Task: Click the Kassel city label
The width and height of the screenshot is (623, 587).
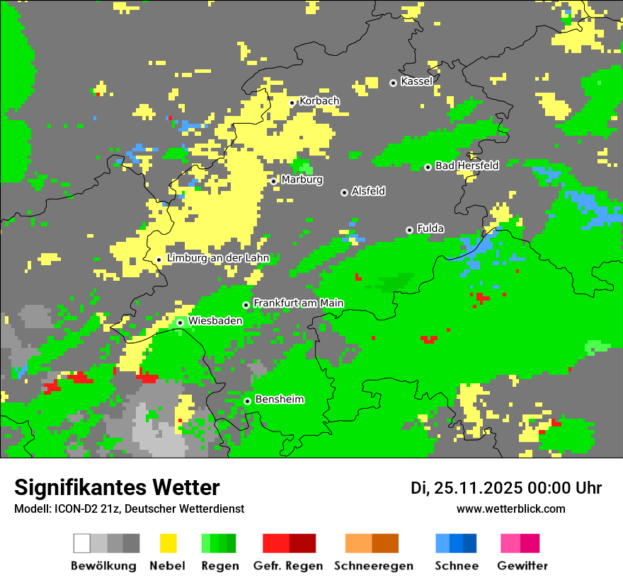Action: pos(416,81)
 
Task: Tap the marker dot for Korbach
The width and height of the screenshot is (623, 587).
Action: pos(292,103)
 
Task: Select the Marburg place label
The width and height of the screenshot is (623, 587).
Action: pos(302,180)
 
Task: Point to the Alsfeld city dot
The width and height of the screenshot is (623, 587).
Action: pos(344,192)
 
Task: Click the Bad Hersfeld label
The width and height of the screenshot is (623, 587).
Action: pos(467,165)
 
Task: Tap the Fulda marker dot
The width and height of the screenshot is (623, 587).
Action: pos(409,230)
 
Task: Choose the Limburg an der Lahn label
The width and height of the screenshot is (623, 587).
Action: pos(217,258)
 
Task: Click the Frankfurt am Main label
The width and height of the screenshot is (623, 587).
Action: pos(298,303)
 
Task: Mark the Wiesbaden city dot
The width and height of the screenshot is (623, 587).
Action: pos(180,322)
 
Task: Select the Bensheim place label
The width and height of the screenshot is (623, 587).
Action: pos(279,400)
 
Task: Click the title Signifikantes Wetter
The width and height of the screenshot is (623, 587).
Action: pos(117,487)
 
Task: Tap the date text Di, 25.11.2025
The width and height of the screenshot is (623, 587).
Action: pos(467,488)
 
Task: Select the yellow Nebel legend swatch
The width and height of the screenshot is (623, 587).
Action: pos(168,543)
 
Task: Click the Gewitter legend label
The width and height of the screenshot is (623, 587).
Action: pos(522,566)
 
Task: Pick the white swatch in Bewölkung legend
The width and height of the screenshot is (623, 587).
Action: pos(81,543)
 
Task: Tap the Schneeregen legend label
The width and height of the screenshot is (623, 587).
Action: pos(374,566)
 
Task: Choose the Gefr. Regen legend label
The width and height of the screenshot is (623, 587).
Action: pos(288,566)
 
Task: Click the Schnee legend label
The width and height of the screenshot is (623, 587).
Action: pos(456,566)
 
